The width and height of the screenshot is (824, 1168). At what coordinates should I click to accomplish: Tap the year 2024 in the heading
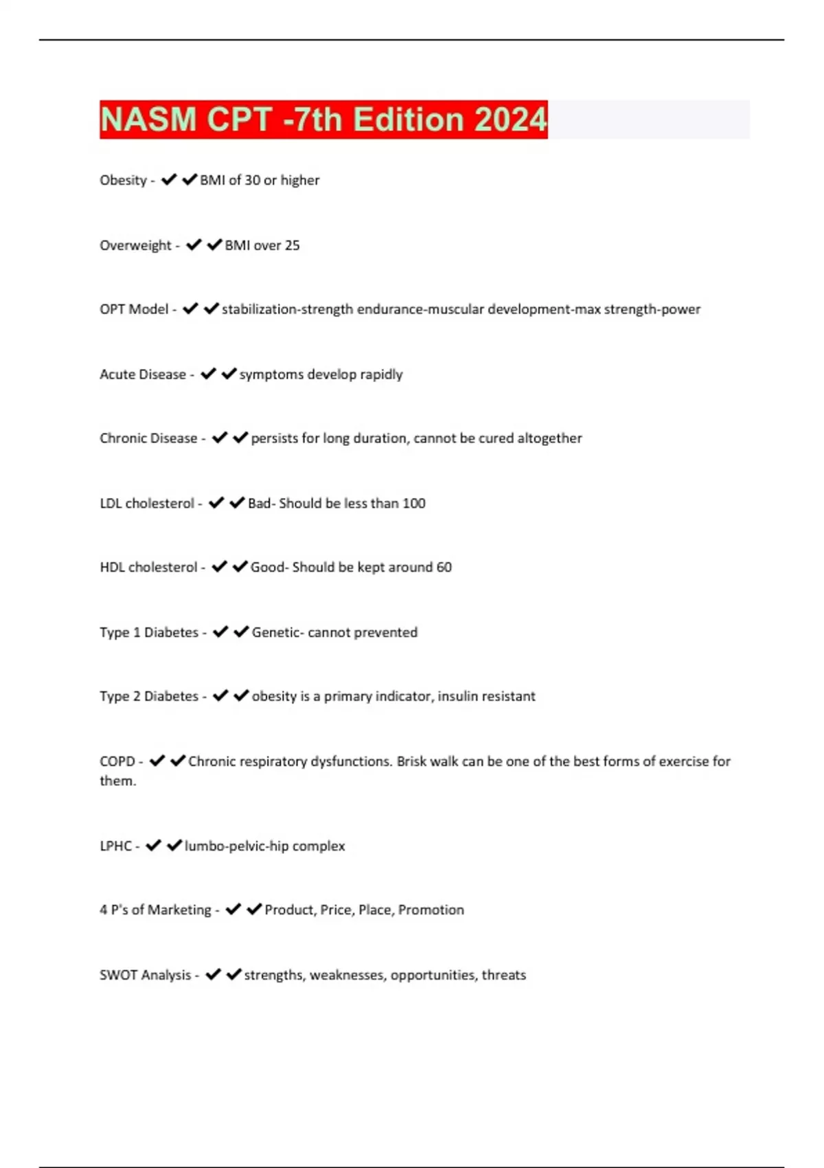(x=510, y=120)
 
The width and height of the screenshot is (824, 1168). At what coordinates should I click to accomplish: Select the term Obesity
(x=123, y=180)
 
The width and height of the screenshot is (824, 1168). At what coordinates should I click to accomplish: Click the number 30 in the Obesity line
(x=253, y=180)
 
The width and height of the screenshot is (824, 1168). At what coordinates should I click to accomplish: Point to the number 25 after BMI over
(x=292, y=245)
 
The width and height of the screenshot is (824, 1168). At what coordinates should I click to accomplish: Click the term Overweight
(x=135, y=245)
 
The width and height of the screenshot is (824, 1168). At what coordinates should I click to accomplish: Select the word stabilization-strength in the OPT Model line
(x=287, y=309)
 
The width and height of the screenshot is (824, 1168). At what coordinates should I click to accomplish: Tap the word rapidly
(x=381, y=374)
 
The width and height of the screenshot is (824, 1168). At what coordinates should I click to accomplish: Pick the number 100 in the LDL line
(x=413, y=504)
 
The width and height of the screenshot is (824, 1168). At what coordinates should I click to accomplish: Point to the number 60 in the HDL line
(x=444, y=568)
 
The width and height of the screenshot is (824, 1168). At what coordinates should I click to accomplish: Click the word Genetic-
(x=277, y=632)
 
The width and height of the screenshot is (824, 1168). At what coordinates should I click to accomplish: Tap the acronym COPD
(x=117, y=761)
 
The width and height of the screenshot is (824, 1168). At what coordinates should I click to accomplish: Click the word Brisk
(x=411, y=761)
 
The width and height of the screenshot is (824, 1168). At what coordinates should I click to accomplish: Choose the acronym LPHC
(x=115, y=846)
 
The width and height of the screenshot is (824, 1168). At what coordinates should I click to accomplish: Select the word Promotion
(x=431, y=910)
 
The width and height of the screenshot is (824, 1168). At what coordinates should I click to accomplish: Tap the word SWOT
(x=115, y=975)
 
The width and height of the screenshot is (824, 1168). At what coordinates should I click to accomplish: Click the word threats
(x=503, y=975)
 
